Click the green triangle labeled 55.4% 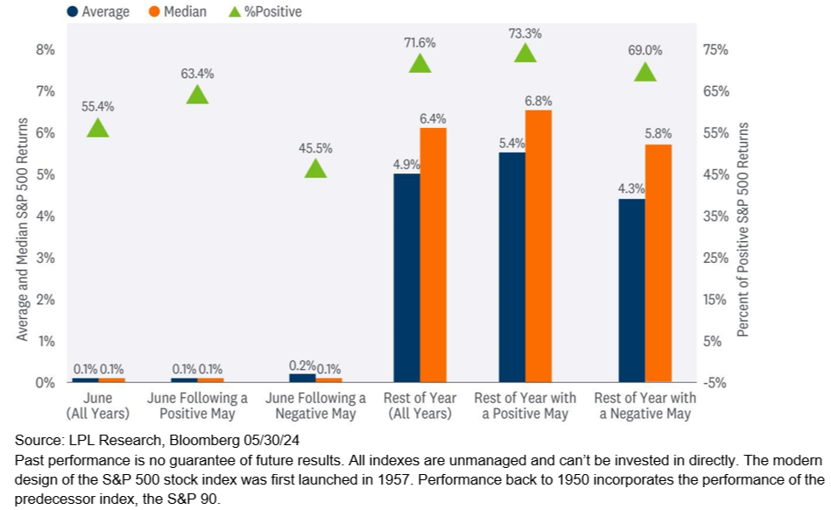98,128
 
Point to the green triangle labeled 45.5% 315,168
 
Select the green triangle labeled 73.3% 525,53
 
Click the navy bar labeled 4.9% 406,278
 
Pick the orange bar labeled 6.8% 539,246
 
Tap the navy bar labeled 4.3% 631,290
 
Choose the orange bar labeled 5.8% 658,263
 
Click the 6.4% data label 433,118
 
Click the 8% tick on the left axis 45,50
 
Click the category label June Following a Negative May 315,406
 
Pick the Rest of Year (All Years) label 420,406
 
